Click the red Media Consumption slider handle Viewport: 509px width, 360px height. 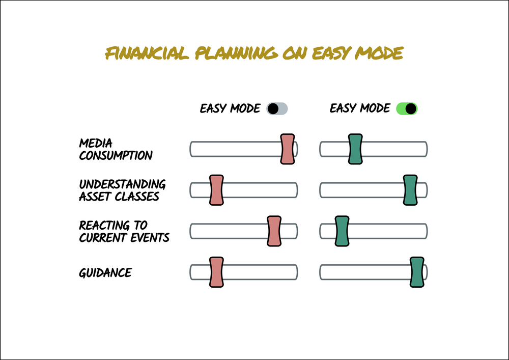[x=288, y=149]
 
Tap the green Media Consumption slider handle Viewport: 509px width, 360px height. [x=355, y=149]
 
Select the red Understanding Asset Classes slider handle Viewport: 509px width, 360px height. [x=216, y=190]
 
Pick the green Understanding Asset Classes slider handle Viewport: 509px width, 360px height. [x=410, y=190]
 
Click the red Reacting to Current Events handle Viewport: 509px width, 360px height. [x=274, y=231]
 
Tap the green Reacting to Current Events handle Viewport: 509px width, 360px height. [x=342, y=231]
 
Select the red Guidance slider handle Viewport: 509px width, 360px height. [x=216, y=272]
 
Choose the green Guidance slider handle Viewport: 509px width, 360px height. [x=417, y=272]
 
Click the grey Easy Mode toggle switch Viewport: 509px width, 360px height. [x=277, y=108]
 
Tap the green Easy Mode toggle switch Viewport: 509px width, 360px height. [x=407, y=108]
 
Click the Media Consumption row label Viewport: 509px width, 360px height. [x=116, y=149]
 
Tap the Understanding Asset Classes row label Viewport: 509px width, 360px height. [x=122, y=190]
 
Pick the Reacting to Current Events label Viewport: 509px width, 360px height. [x=124, y=231]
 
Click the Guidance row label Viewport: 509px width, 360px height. [x=105, y=272]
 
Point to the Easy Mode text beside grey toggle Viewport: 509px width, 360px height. [x=230, y=108]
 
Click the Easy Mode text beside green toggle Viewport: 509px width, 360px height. [x=360, y=108]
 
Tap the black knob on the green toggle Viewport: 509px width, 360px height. [x=411, y=108]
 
